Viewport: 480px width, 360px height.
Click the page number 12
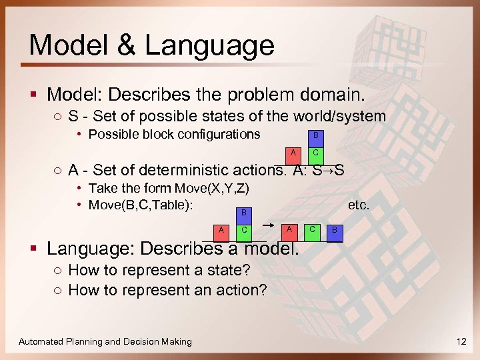(x=461, y=341)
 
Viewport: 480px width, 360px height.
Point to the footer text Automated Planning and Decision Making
(x=105, y=341)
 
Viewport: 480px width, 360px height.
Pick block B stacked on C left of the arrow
(x=244, y=213)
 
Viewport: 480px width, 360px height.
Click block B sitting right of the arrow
(x=335, y=231)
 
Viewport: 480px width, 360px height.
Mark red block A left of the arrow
(x=221, y=230)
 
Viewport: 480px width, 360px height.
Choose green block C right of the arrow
(x=311, y=230)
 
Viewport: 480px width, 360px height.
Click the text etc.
(x=358, y=205)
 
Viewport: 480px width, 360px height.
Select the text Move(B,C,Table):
(x=141, y=205)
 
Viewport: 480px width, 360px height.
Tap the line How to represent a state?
(x=159, y=270)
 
